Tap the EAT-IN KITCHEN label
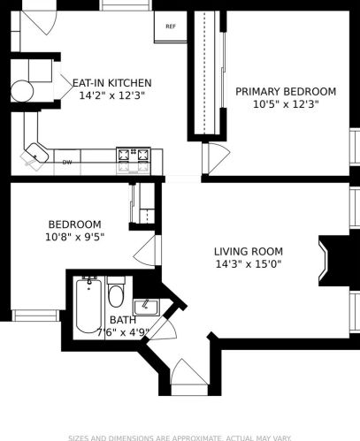[x=111, y=82]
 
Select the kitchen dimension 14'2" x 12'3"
[x=111, y=95]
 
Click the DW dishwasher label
[x=67, y=162]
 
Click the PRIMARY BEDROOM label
[x=286, y=91]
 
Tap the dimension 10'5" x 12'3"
[x=286, y=103]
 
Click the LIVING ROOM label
[x=248, y=251]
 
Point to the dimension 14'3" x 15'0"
[x=248, y=263]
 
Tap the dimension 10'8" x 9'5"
[x=74, y=237]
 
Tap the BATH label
[x=123, y=320]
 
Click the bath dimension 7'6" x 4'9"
[x=123, y=332]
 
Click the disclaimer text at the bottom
[x=180, y=436]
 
